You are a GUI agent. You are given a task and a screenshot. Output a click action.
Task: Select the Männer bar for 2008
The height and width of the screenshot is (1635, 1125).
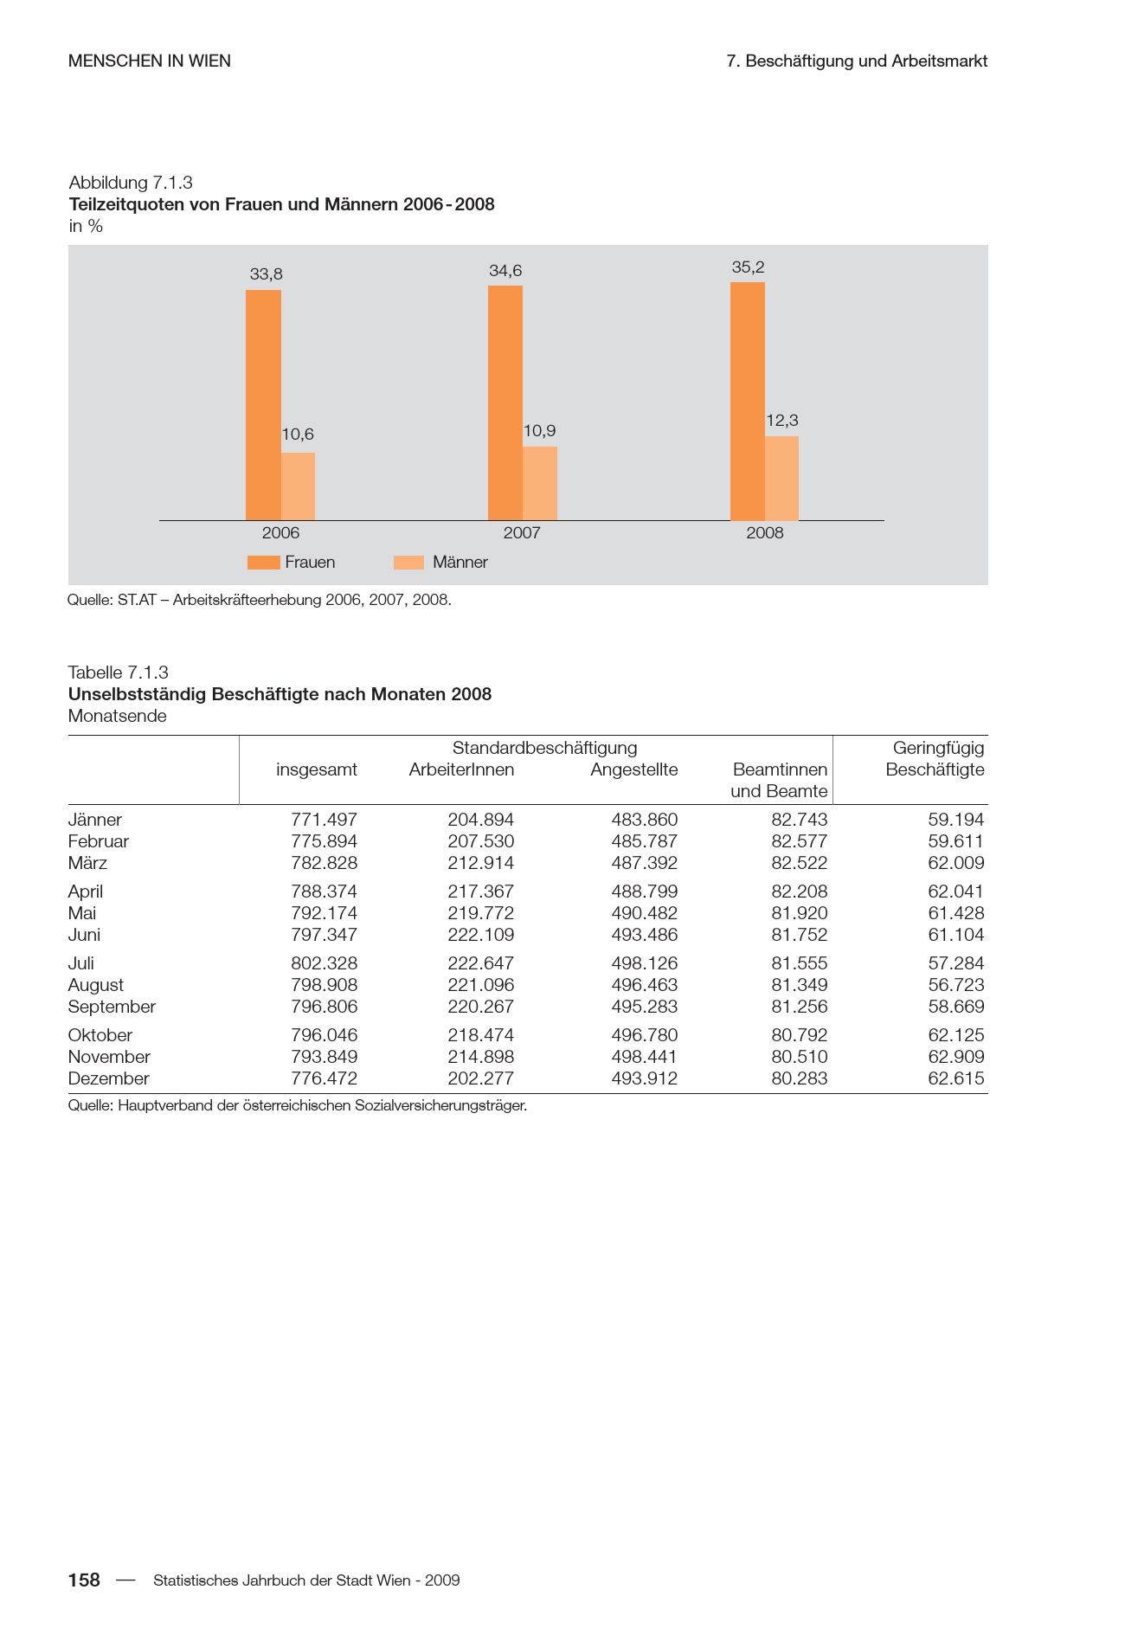pyautogui.click(x=781, y=478)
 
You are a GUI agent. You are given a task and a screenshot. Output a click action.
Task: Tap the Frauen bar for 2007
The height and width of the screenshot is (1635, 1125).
pyautogui.click(x=505, y=402)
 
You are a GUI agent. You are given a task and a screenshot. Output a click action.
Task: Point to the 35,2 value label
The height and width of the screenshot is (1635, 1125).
pyautogui.click(x=748, y=267)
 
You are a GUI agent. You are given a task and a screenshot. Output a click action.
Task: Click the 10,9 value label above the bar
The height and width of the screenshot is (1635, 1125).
pyautogui.click(x=539, y=431)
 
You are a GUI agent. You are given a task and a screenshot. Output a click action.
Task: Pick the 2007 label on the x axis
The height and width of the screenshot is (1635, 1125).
pyautogui.click(x=522, y=533)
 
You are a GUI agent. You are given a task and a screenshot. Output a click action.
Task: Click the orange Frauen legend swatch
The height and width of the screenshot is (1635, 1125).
pyautogui.click(x=263, y=563)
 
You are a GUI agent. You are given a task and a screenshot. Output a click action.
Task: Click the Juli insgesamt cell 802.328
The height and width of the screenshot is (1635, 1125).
pyautogui.click(x=324, y=963)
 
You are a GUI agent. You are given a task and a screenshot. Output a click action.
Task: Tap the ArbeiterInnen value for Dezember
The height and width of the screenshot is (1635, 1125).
pyautogui.click(x=480, y=1078)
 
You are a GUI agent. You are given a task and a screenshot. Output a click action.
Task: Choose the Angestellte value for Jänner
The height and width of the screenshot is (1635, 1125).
pyautogui.click(x=644, y=820)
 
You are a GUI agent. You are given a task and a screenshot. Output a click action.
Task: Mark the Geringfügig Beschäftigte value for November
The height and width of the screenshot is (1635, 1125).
pyautogui.click(x=955, y=1057)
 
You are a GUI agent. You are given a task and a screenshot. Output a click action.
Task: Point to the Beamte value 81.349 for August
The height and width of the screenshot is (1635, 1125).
pyautogui.click(x=799, y=985)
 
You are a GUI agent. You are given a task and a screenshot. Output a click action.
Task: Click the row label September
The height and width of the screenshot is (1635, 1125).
pyautogui.click(x=112, y=1007)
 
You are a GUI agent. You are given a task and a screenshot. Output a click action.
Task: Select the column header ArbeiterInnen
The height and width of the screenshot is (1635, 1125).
pyautogui.click(x=461, y=770)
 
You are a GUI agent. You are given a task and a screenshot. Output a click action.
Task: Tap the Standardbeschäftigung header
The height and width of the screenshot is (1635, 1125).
pyautogui.click(x=544, y=748)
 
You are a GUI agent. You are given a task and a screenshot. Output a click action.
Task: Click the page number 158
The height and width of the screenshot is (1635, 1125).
pyautogui.click(x=84, y=1580)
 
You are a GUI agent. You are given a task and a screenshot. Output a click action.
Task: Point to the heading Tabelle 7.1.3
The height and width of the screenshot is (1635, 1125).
pyautogui.click(x=118, y=673)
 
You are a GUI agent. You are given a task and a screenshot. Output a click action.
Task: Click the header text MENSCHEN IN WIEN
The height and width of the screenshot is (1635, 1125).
pyautogui.click(x=149, y=61)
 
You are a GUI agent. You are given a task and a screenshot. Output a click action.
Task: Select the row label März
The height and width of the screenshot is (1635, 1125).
pyautogui.click(x=87, y=863)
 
